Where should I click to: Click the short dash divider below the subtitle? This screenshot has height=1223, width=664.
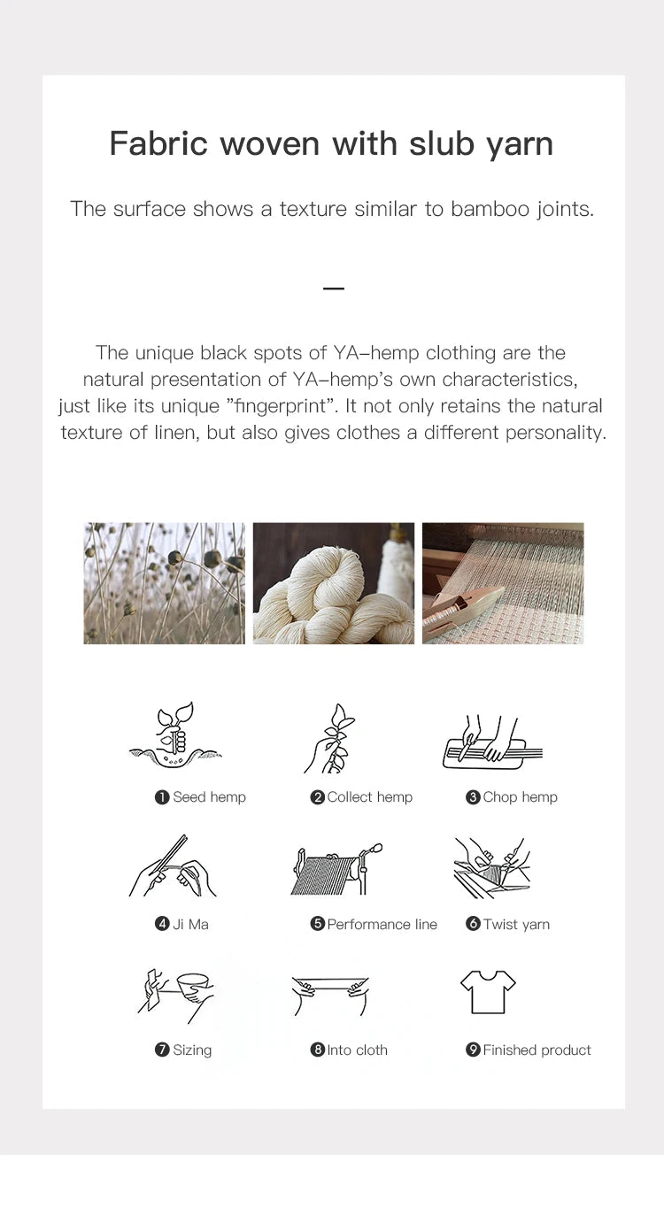point(334,288)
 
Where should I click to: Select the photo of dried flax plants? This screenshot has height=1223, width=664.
point(165,583)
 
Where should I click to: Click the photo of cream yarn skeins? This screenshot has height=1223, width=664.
point(334,583)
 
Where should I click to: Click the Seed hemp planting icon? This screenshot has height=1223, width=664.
point(174,735)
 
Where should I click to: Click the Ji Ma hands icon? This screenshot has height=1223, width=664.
point(173,866)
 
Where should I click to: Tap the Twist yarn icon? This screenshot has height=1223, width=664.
point(491,868)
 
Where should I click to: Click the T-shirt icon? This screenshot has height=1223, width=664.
point(488,992)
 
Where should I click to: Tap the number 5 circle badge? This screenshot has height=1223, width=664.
point(317,924)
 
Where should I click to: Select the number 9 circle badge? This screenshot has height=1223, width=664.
point(473,1050)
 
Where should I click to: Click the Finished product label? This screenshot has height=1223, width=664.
point(537,1050)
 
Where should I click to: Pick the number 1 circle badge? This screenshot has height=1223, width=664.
point(162,797)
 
